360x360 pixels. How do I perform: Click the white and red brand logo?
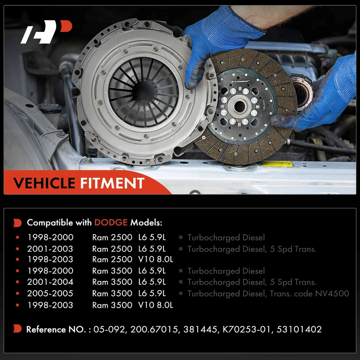(46, 31)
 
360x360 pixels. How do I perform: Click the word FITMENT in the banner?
(112, 183)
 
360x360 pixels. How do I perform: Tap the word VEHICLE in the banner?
(44, 183)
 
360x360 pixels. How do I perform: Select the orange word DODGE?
(111, 222)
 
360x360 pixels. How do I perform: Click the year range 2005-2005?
(50, 293)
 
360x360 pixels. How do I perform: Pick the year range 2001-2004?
(50, 282)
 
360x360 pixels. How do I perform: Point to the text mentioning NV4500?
(268, 293)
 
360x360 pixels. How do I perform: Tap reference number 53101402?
(299, 329)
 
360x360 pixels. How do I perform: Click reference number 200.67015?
(154, 329)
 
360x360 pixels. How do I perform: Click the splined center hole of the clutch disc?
(239, 106)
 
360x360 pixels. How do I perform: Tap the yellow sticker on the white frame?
(278, 164)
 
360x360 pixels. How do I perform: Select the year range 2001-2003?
(50, 249)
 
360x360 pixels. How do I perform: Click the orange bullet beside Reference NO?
(17, 329)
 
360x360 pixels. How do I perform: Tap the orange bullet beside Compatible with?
(17, 223)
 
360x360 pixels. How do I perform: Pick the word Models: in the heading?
(146, 222)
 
